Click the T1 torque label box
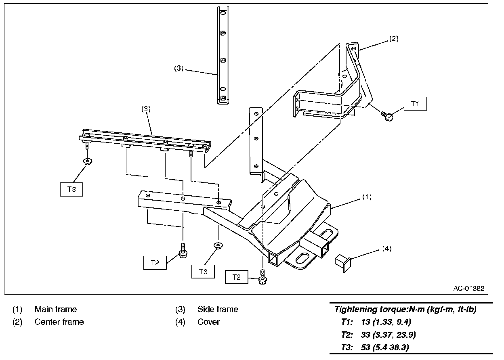point(415,104)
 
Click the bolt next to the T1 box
point(388,117)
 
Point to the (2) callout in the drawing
point(394,39)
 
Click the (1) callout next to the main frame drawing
point(366,197)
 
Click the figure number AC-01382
point(468,289)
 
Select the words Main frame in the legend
point(55,310)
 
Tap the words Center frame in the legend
point(59,322)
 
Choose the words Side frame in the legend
point(218,310)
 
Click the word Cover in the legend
point(208,322)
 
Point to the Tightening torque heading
point(405,310)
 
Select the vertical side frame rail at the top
point(223,57)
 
